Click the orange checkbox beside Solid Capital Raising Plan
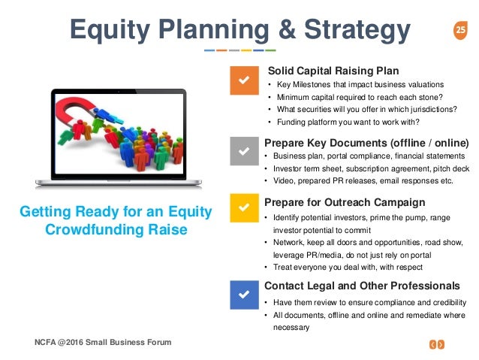244,80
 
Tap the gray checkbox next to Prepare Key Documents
244,151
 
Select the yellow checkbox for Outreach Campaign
244,207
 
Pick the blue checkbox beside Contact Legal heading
244,295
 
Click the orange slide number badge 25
460,30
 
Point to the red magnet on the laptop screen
77,109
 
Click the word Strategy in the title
357,30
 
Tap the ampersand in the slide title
287,29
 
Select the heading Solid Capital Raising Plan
333,71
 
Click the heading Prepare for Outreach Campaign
345,202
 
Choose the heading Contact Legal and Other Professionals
362,286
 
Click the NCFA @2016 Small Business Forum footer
103,342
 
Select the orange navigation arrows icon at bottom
437,345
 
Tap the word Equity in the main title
110,31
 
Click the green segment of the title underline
271,50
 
